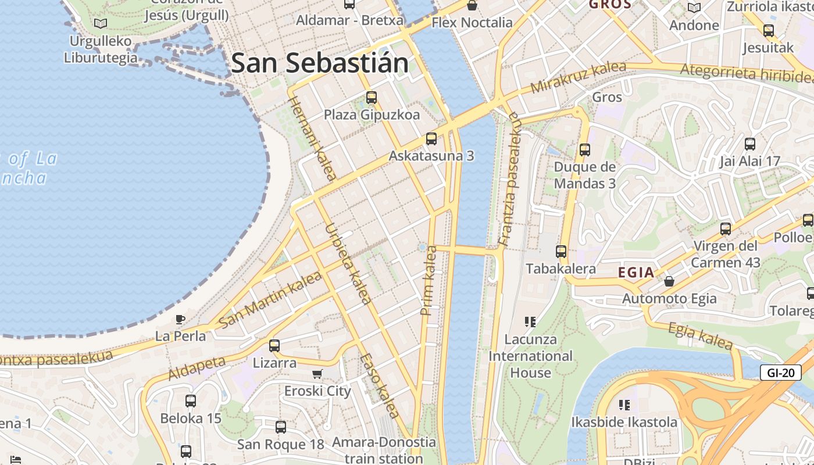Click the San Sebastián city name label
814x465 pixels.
tap(320, 63)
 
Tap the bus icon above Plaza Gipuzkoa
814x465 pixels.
tap(372, 98)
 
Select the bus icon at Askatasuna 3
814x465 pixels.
tap(431, 139)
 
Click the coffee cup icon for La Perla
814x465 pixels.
tap(180, 319)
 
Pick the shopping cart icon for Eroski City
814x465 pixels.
tap(317, 374)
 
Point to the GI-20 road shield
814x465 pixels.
tap(780, 373)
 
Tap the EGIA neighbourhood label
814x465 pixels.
tap(636, 273)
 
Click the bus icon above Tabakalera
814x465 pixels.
tap(561, 252)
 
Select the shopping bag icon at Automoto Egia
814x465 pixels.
tap(669, 282)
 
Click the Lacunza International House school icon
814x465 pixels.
tap(530, 321)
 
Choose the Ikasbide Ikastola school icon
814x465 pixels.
tap(624, 405)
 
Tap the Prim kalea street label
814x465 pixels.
tap(429, 281)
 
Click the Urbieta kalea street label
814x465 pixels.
tap(348, 263)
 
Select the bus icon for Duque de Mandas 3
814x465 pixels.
tap(584, 150)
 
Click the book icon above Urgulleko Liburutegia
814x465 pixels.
tap(101, 24)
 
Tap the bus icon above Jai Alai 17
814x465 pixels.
tap(750, 144)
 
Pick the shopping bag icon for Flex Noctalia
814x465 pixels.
tap(472, 6)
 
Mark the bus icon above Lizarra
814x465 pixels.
tap(274, 345)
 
